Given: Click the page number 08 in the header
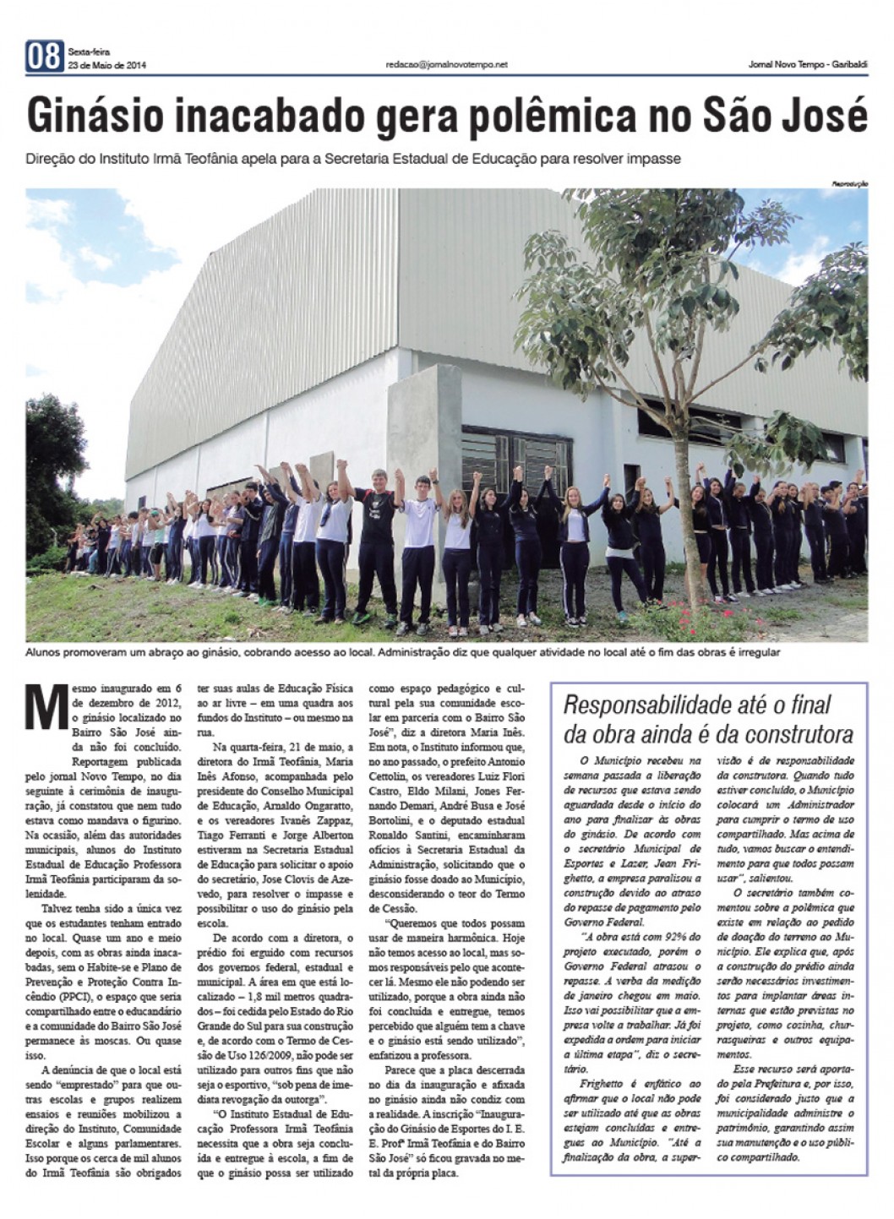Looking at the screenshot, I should point(45,57).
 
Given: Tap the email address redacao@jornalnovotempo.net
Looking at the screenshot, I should point(446,64).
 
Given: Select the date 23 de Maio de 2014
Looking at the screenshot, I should point(106,65).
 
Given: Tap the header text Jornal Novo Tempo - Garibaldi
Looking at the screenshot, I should point(808,64).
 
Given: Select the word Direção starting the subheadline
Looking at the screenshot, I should point(53,159).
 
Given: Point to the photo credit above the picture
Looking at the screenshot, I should point(850,183).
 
